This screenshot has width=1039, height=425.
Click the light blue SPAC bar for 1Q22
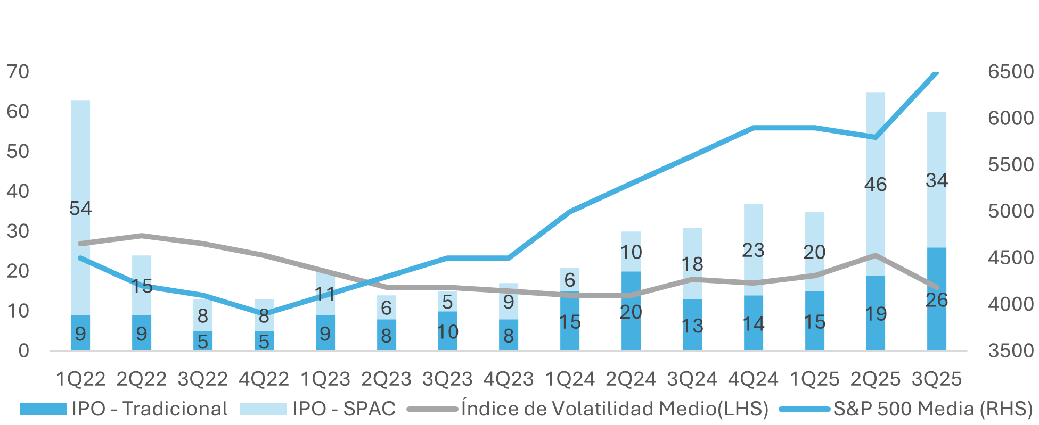pyautogui.click(x=80, y=160)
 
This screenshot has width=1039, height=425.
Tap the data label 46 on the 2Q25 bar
pyautogui.click(x=875, y=185)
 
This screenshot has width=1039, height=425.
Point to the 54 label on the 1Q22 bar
pyautogui.click(x=80, y=208)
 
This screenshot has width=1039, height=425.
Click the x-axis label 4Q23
pyautogui.click(x=508, y=379)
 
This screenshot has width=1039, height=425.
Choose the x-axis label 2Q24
pyautogui.click(x=631, y=379)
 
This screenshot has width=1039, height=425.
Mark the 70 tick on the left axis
pyautogui.click(x=18, y=72)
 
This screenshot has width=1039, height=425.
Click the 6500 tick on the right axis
pyautogui.click(x=1010, y=72)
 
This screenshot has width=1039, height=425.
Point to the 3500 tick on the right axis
pyautogui.click(x=1010, y=351)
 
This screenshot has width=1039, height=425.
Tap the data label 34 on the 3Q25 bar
pyautogui.click(x=936, y=180)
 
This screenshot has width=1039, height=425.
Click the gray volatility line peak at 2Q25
pyautogui.click(x=875, y=255)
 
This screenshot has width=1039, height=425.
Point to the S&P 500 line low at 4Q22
pyautogui.click(x=264, y=313)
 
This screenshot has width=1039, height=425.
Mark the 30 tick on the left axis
pyautogui.click(x=18, y=231)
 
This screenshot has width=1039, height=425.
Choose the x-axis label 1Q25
pyautogui.click(x=814, y=379)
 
